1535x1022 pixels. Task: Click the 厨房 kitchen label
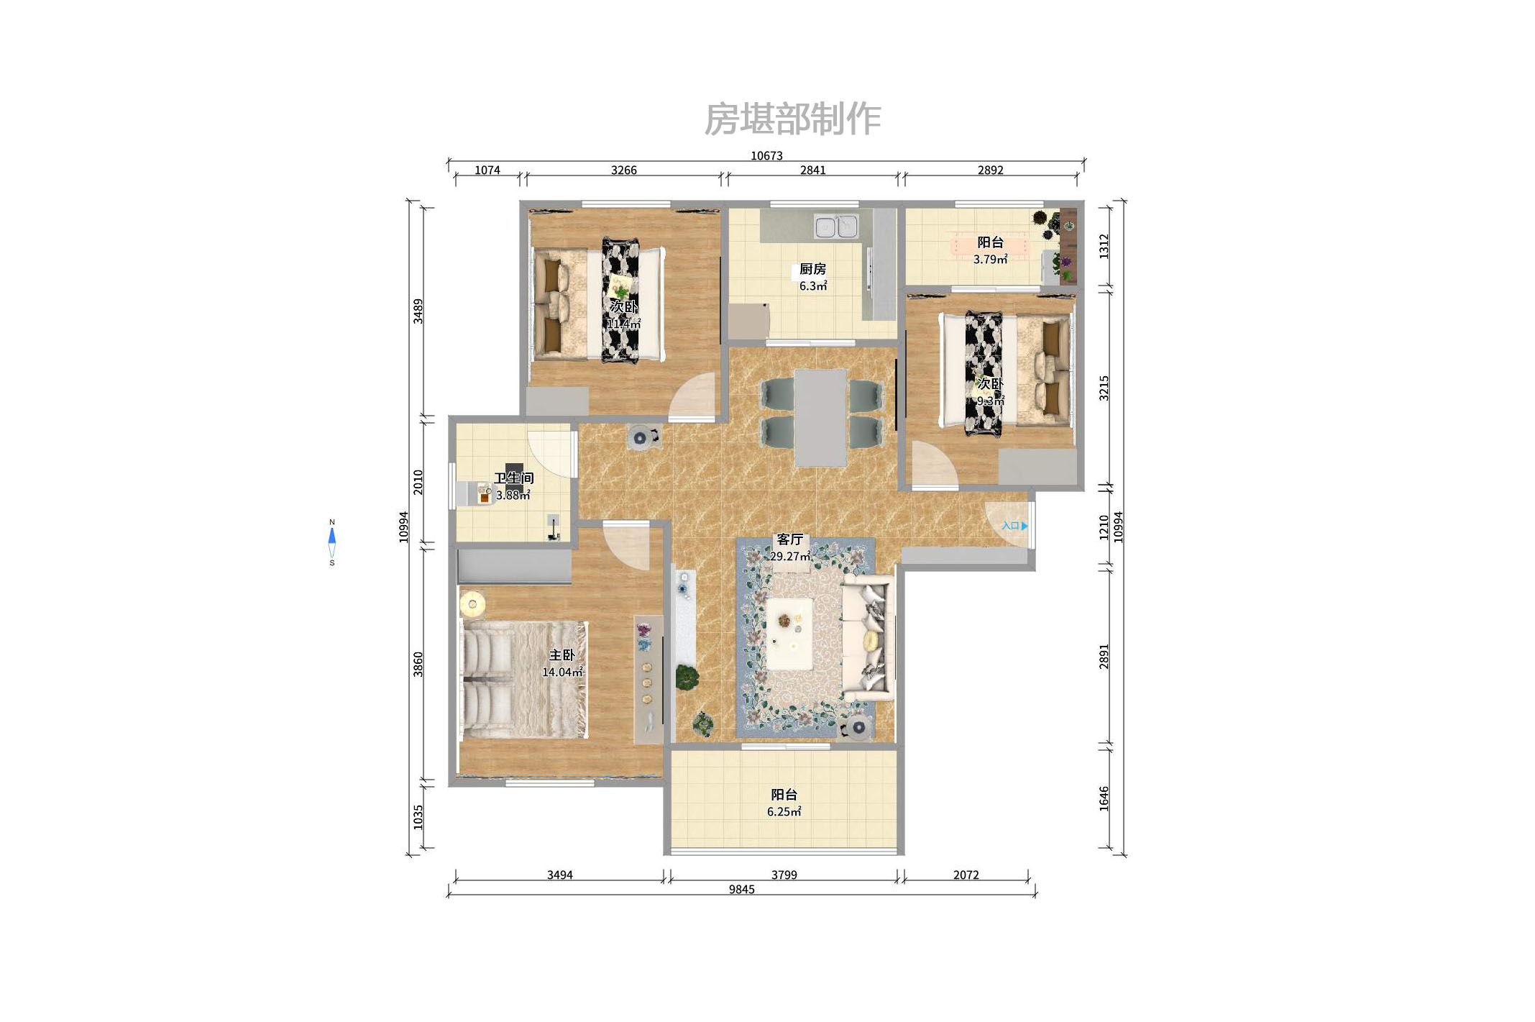point(812,269)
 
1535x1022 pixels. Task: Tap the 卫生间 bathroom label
point(513,478)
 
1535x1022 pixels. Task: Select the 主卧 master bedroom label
point(562,654)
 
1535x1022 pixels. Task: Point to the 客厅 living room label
point(789,539)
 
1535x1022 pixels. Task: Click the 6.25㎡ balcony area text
point(784,811)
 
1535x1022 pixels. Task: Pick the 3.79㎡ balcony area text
point(990,259)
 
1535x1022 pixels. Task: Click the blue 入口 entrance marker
point(1014,526)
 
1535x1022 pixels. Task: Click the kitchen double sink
point(836,226)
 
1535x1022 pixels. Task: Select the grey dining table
point(820,417)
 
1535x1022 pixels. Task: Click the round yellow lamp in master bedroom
point(472,604)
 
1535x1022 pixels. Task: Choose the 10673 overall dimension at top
point(766,155)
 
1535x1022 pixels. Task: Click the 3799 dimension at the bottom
point(784,875)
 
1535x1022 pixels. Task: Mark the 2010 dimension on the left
point(418,482)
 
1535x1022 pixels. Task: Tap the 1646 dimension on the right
point(1104,798)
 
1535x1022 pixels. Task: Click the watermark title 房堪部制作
point(792,119)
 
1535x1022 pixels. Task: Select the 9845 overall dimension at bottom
point(741,889)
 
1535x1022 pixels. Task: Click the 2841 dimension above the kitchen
point(812,170)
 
